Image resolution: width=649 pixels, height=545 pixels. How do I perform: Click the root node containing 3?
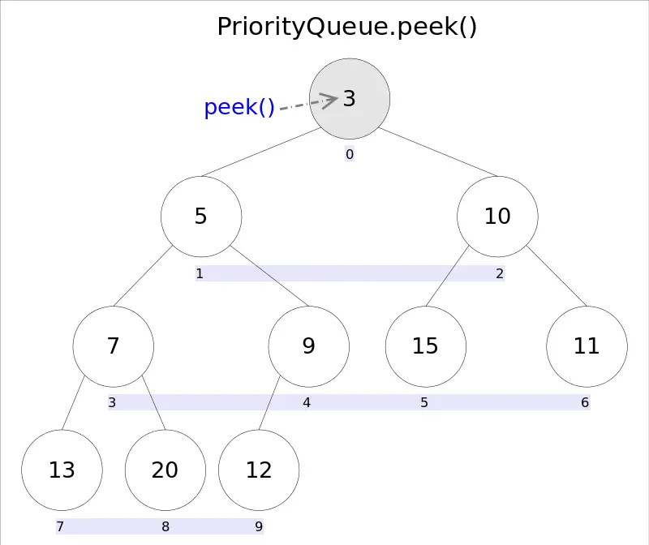point(350,98)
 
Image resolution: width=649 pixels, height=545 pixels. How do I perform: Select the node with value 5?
point(201,217)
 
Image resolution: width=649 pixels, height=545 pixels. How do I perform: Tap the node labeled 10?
point(497,217)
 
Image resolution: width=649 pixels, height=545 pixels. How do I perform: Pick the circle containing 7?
point(114,346)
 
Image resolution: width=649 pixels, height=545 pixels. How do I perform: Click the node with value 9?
point(309,346)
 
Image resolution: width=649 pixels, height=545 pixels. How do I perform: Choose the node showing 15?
point(425,346)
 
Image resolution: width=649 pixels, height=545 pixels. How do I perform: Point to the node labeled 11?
point(587,346)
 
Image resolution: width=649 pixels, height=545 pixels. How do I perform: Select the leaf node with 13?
point(62,470)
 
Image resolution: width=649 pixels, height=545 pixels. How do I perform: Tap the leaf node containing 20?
point(165,470)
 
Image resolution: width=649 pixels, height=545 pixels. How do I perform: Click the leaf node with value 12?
point(259,470)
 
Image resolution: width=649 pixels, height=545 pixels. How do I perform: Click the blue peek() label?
point(239,108)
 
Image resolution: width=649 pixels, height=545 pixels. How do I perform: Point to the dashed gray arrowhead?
point(329,101)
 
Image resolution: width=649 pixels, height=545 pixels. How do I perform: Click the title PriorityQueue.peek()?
point(347,27)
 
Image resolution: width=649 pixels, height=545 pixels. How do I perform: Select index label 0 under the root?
point(350,154)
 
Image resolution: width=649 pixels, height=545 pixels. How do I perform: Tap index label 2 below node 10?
point(500,274)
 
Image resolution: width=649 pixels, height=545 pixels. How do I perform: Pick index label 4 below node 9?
point(307,402)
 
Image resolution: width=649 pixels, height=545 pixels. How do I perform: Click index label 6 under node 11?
point(585,402)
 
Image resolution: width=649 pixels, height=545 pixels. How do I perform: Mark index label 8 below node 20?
point(165,527)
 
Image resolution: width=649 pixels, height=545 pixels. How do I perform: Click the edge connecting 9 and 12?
point(269,403)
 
